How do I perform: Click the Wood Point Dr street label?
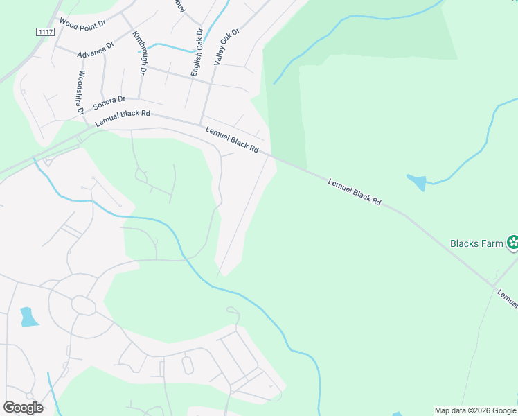pos(82,24)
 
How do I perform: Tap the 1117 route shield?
pos(45,33)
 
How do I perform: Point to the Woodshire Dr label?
pos(80,92)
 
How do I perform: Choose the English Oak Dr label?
pos(197,52)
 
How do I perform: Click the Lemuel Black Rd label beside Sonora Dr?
pos(123,118)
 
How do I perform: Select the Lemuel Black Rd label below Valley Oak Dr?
pos(232,139)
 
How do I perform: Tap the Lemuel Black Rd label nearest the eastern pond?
pos(355,192)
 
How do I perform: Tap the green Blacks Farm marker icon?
pos(512,243)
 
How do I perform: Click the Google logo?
pos(23,408)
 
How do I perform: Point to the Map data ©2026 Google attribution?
pos(476,410)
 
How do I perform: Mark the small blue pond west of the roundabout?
pos(28,317)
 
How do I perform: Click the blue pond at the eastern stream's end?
pos(418,182)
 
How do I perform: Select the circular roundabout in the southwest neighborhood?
pos(83,305)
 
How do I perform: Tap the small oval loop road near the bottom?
pos(187,365)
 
